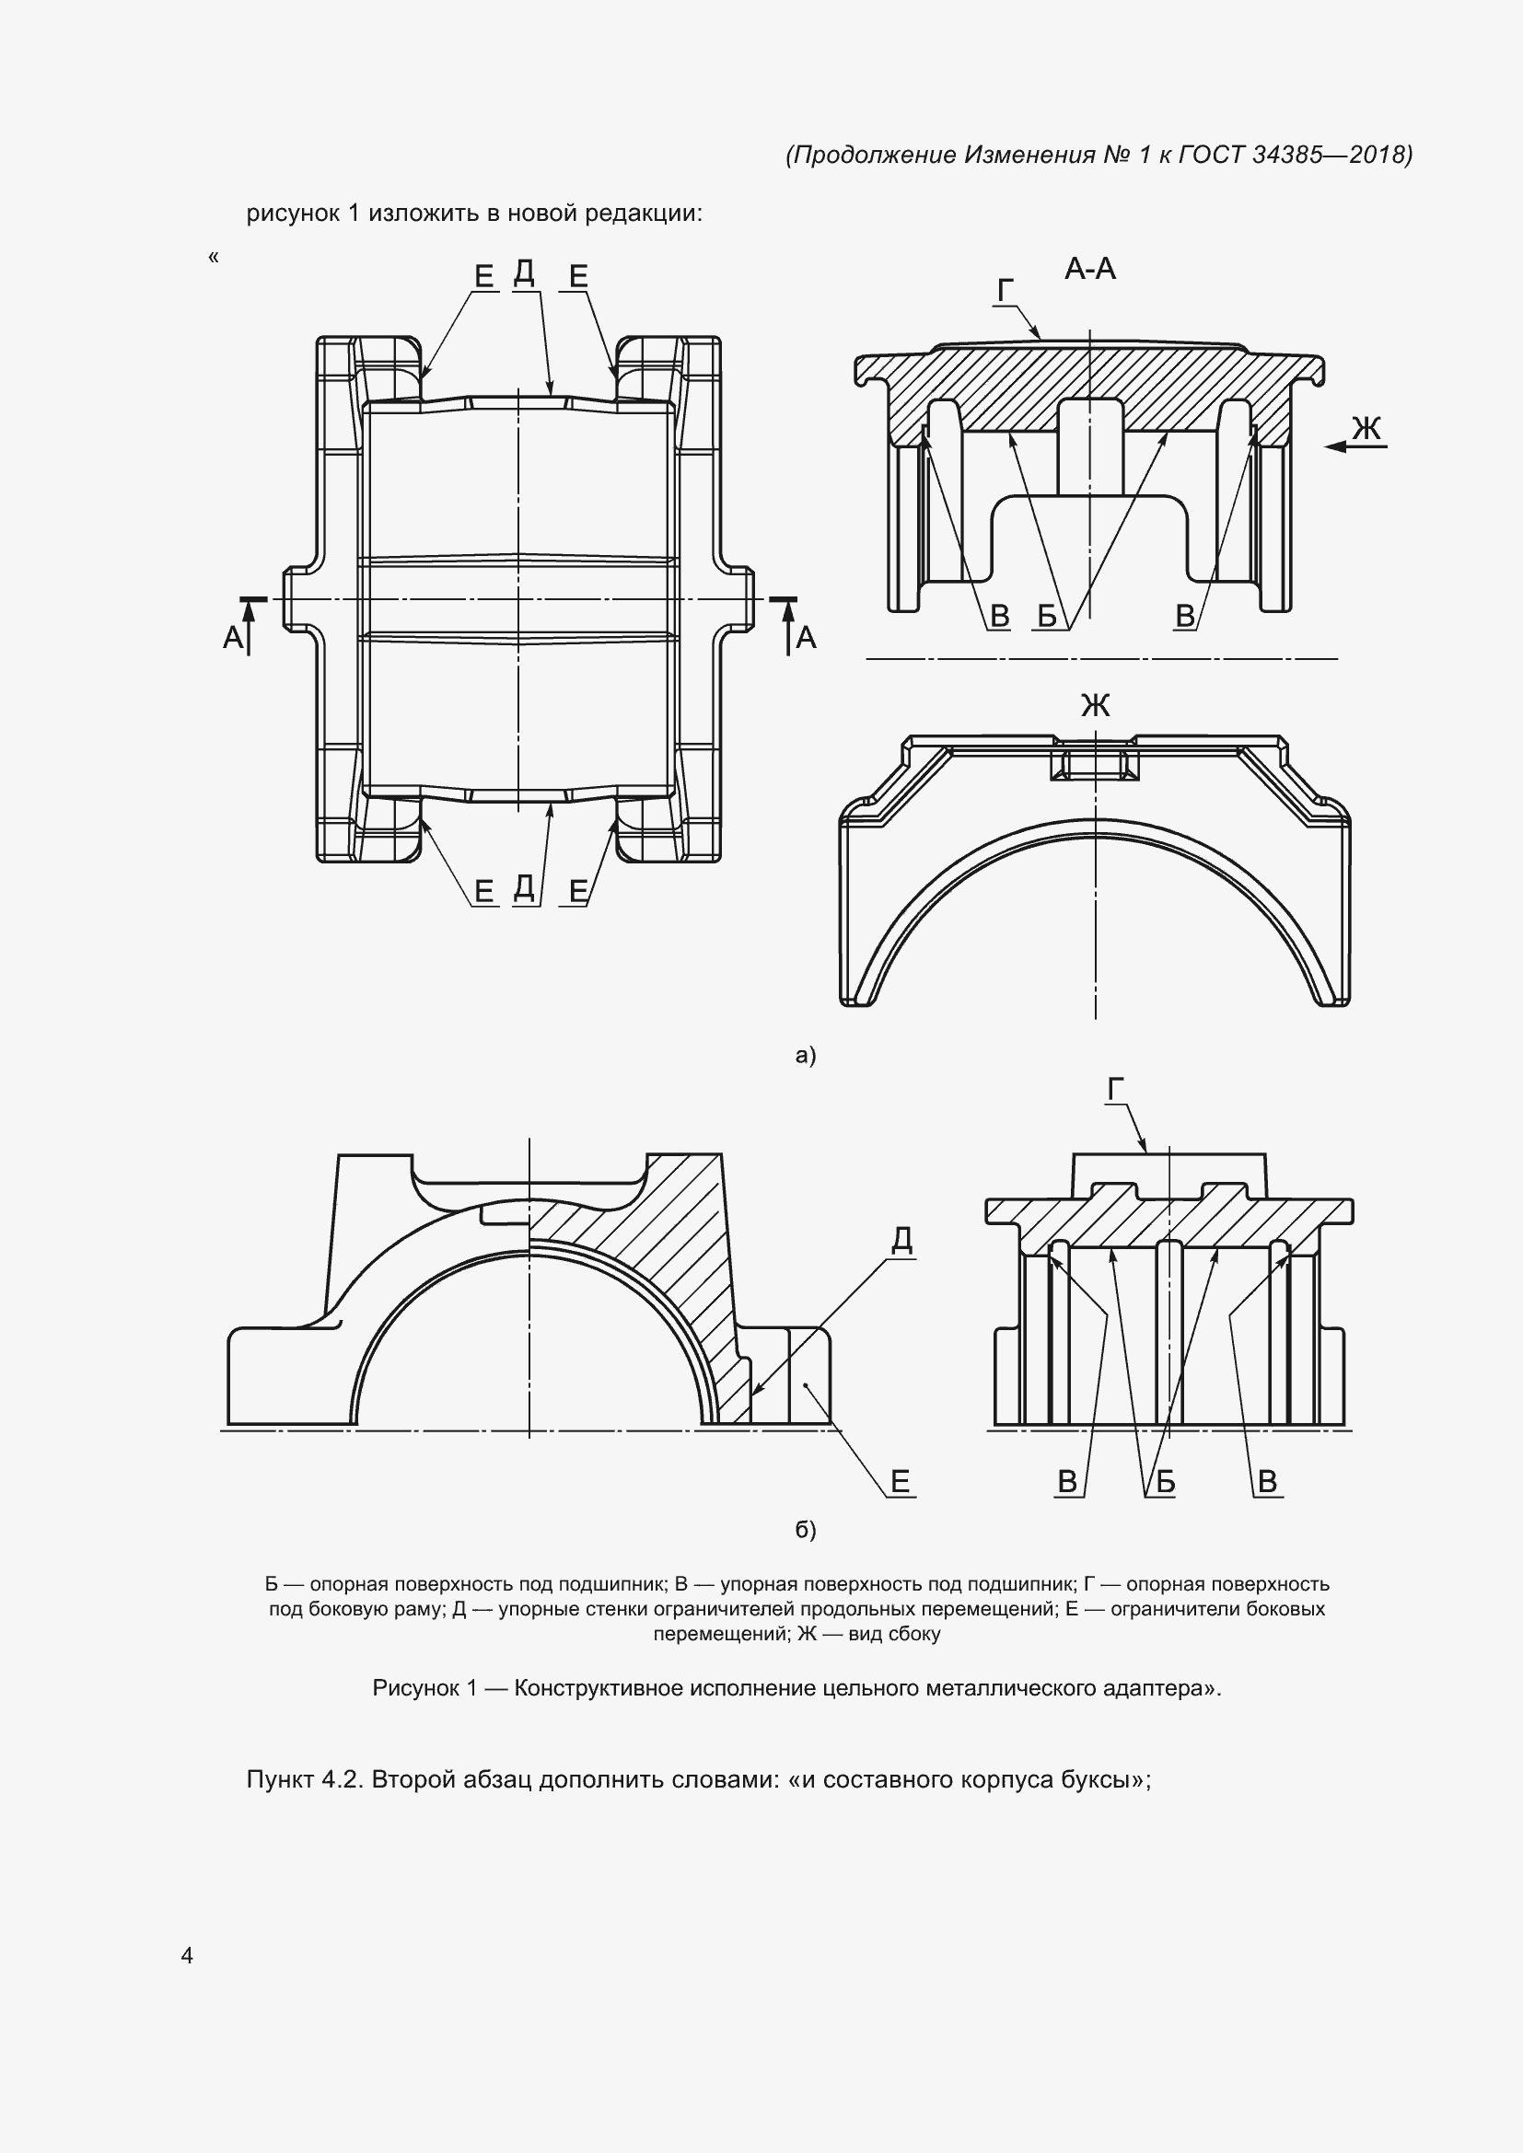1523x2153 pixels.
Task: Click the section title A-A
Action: tap(1089, 270)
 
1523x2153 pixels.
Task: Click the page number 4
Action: tap(187, 1954)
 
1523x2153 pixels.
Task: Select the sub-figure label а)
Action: tap(806, 1055)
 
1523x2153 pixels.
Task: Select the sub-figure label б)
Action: tap(806, 1530)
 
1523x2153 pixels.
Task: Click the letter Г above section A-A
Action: tap(1006, 292)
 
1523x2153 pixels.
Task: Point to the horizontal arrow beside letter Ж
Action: tap(1356, 447)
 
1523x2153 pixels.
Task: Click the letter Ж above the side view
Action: tap(1096, 705)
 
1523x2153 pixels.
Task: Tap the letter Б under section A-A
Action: tap(1048, 616)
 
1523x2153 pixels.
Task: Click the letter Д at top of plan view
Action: tap(524, 272)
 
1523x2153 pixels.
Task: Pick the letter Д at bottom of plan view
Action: tap(524, 887)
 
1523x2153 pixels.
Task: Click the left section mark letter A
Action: tap(233, 639)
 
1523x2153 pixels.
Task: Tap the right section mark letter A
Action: tap(806, 639)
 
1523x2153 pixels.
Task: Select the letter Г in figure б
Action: tap(1116, 1090)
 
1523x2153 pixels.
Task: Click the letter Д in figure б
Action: tap(901, 1241)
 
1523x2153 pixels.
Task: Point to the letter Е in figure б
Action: tap(901, 1482)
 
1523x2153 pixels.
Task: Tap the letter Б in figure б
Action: tap(1166, 1482)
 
